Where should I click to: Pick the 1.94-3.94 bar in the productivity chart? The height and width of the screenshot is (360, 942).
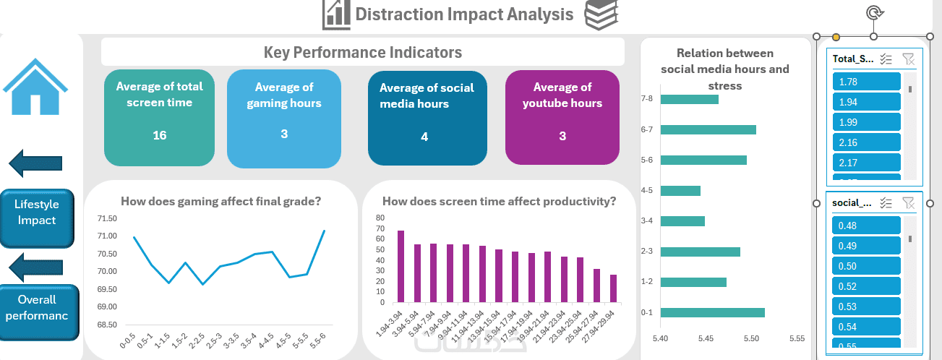(401, 266)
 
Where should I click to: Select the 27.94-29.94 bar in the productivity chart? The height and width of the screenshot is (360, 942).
(613, 288)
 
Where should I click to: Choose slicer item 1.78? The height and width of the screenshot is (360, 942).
(867, 82)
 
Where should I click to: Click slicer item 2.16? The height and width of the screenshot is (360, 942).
(867, 143)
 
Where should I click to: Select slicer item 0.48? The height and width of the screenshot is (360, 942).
(867, 226)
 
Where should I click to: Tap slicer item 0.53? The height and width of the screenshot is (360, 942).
(867, 307)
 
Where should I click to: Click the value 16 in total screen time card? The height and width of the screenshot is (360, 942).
(160, 135)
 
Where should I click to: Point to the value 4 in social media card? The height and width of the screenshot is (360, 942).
(424, 137)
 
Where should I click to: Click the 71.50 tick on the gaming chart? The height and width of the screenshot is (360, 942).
(107, 218)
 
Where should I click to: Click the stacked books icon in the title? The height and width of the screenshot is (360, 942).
(601, 14)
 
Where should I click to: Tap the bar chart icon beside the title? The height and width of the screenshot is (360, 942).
(335, 14)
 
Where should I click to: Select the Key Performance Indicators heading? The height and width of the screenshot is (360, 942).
(362, 52)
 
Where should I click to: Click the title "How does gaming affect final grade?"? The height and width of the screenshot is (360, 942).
(220, 202)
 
